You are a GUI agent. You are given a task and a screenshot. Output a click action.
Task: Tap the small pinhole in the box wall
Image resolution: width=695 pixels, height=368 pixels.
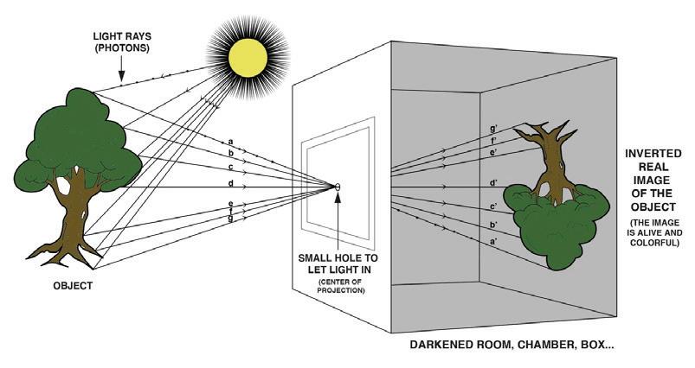coord(338,187)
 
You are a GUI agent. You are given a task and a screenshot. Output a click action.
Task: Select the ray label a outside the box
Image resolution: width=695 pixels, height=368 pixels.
coord(230,141)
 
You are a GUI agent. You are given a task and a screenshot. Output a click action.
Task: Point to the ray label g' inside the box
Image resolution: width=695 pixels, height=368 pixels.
coord(493,129)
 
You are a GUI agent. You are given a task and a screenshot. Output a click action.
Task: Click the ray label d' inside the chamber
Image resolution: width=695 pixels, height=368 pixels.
coord(493,182)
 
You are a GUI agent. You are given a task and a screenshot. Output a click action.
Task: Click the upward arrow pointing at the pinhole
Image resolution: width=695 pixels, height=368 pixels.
coord(338,216)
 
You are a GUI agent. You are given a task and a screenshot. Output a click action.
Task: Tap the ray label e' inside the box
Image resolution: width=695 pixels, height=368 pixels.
coord(493,152)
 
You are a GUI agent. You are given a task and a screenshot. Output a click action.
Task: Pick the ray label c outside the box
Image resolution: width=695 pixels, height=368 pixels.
coord(230,166)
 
